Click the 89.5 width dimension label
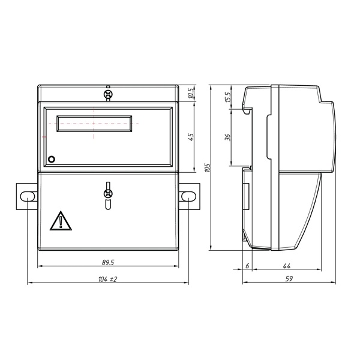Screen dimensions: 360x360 (x=108, y=262)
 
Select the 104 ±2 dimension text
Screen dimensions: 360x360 (x=107, y=279)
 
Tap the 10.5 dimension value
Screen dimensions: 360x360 (x=191, y=93)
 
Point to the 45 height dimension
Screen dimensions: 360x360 (x=191, y=137)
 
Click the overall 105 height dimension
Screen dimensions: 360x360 (x=207, y=167)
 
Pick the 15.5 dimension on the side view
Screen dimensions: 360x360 (x=227, y=97)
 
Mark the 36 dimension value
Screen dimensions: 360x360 (x=227, y=137)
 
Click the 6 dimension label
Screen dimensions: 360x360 (x=247, y=266)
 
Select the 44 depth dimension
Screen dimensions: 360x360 (x=287, y=266)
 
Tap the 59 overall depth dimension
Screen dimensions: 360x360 (x=289, y=278)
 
